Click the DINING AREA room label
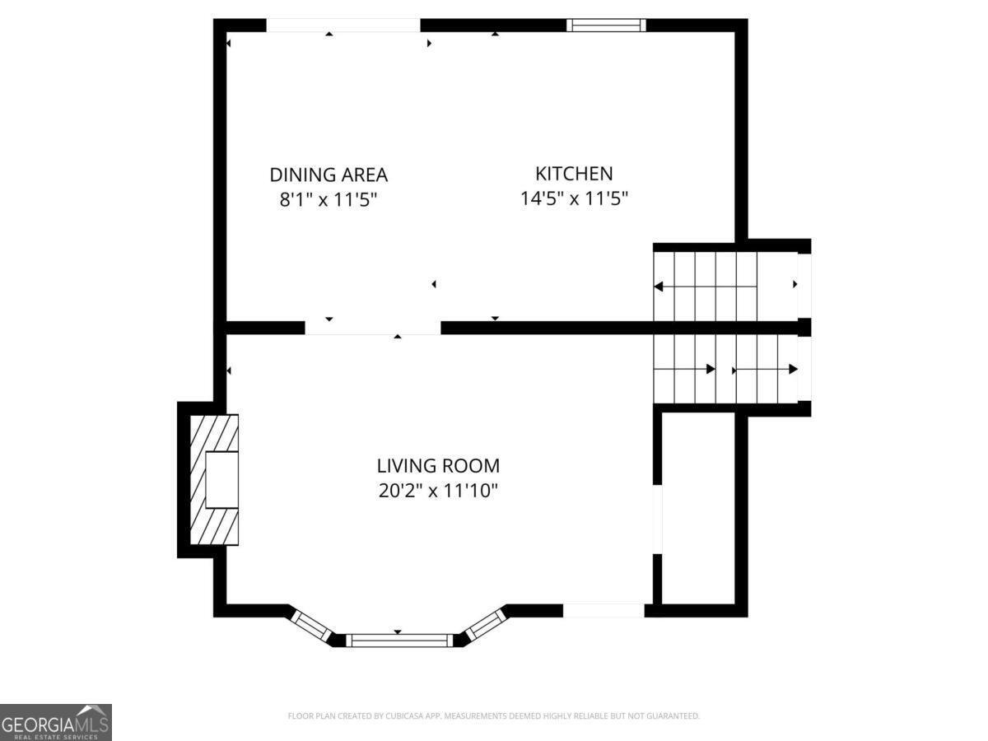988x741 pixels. [329, 175]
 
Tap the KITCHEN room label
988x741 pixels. [574, 174]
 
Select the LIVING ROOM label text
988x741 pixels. [438, 466]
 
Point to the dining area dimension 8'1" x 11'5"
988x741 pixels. [329, 198]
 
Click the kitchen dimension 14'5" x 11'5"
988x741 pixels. [574, 198]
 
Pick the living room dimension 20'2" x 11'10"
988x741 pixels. [438, 491]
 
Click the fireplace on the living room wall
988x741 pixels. [214, 479]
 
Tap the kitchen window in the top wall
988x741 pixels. [607, 26]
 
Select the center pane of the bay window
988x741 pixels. [398, 640]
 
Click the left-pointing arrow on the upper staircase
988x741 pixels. [659, 287]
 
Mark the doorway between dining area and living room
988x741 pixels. [373, 328]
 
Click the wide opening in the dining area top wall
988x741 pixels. [343, 26]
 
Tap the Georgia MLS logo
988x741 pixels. [55, 722]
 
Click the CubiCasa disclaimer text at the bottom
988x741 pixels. [493, 716]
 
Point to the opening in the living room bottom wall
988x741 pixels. [604, 610]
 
